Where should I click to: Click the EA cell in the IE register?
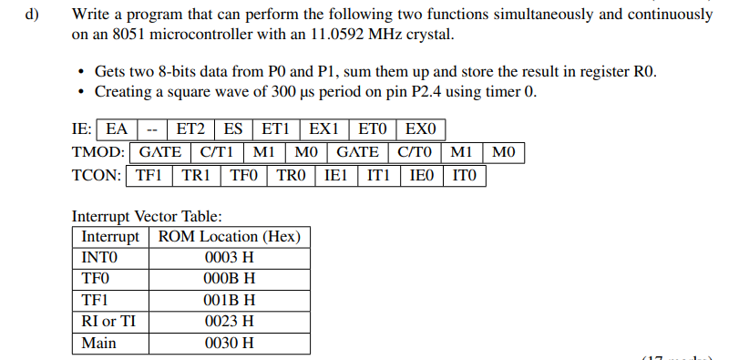(117, 130)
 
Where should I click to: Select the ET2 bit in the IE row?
(191, 130)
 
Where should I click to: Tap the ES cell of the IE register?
(233, 130)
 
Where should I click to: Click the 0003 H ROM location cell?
(229, 258)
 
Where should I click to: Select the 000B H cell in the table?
(229, 279)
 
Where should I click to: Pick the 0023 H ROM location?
(229, 322)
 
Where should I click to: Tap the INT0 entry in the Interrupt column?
(100, 258)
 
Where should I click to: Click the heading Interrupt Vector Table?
(146, 216)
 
